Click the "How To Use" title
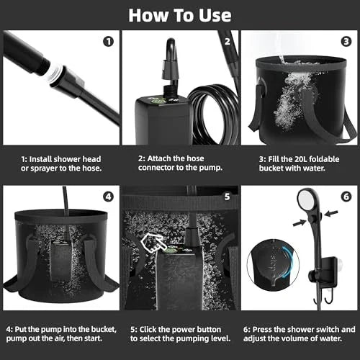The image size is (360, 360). coord(179,14)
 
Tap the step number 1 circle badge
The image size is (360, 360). coord(108,40)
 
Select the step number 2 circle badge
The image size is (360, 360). coord(228,40)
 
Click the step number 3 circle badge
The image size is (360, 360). coord(346,40)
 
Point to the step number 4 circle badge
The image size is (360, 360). coord(108,197)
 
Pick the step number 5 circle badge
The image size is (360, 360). coord(228,197)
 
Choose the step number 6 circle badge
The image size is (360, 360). coord(346,197)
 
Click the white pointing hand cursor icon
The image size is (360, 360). coord(153,243)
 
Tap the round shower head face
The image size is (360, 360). coord(307,205)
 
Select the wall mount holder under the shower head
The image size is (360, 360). coord(324,266)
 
